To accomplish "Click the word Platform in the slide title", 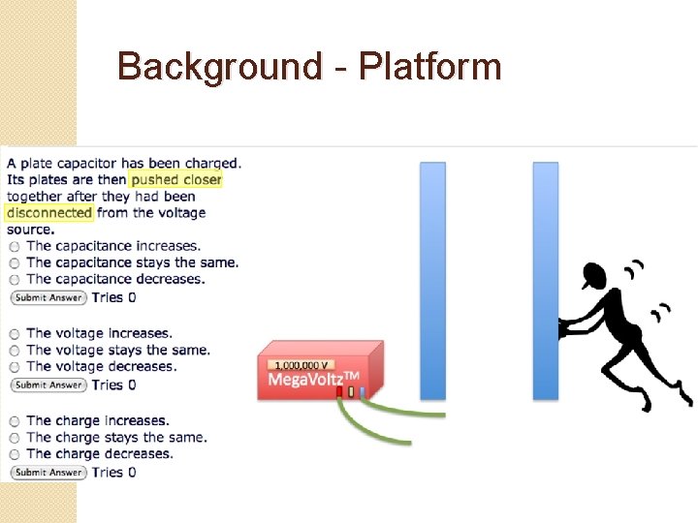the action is click(429, 68).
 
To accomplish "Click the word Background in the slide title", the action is click(219, 68).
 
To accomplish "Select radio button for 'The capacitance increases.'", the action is click(15, 247).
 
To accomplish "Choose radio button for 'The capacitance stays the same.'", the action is click(15, 263).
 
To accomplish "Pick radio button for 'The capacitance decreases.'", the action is click(15, 280).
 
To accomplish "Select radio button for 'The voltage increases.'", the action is click(15, 334).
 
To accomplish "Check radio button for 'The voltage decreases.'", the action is click(15, 367).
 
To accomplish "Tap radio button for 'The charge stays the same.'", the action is click(15, 438).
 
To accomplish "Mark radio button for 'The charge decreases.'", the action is click(15, 454).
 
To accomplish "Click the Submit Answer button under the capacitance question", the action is click(48, 297).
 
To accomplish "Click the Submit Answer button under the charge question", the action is click(48, 473).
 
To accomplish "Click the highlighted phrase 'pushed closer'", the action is click(176, 179).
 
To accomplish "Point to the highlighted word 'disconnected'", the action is click(48, 213).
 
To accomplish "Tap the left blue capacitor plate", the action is click(432, 281).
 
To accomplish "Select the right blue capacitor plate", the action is click(546, 281).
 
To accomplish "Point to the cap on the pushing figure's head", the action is click(594, 277).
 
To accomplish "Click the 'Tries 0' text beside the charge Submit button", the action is click(114, 473).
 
